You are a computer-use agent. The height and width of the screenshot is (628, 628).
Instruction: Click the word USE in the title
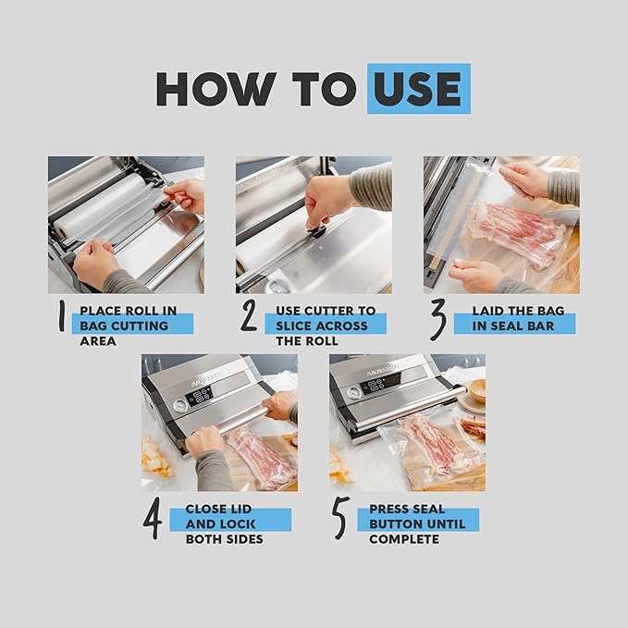418,89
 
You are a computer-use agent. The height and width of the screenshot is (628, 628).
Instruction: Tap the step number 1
62,315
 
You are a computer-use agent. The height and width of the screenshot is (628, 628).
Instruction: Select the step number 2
249,315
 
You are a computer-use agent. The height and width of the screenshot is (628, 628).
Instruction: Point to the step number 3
438,320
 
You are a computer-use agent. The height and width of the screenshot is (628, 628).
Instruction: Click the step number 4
153,518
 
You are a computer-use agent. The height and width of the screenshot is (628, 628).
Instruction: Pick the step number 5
341,518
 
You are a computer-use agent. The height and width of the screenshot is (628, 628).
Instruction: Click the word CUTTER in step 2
329,311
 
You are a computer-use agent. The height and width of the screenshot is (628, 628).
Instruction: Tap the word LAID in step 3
486,311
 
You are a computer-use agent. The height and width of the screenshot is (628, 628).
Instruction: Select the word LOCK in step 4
238,523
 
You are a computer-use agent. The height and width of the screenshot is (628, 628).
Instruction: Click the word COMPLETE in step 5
404,539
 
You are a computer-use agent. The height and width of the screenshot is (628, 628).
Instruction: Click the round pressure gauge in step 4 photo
181,406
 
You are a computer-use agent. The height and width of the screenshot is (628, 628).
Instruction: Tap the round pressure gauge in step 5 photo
354,393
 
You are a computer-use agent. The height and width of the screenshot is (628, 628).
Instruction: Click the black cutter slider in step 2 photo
317,230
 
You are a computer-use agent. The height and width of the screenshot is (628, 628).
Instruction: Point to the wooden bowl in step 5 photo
477,391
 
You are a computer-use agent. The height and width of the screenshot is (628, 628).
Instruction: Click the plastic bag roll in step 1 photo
100,208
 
